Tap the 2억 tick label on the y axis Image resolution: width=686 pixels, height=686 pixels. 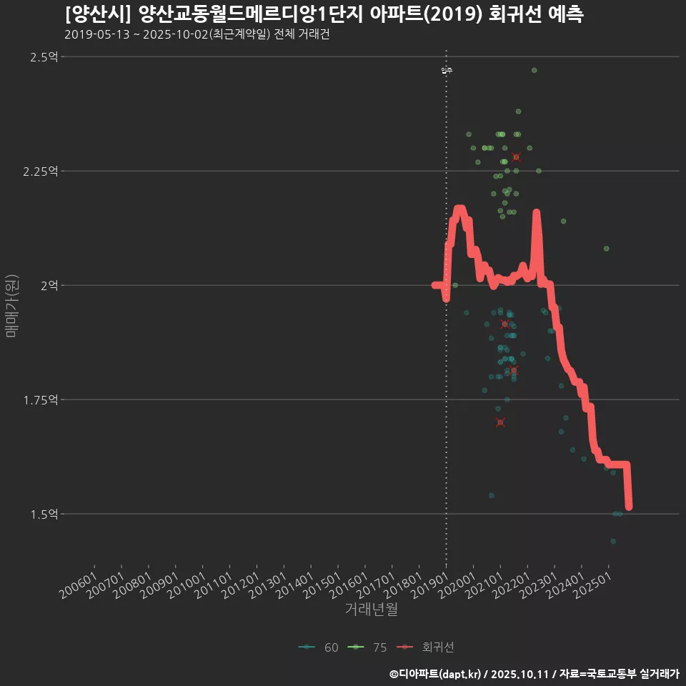[x=49, y=286]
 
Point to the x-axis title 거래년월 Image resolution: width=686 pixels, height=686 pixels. [x=371, y=609]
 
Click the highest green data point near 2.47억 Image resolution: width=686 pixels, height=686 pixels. [x=534, y=70]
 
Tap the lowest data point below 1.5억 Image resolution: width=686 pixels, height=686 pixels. [x=613, y=541]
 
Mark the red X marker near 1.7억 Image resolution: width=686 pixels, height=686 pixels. [x=500, y=422]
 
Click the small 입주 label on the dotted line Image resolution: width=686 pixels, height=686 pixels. [x=447, y=70]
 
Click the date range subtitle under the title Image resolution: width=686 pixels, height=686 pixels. [x=197, y=34]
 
